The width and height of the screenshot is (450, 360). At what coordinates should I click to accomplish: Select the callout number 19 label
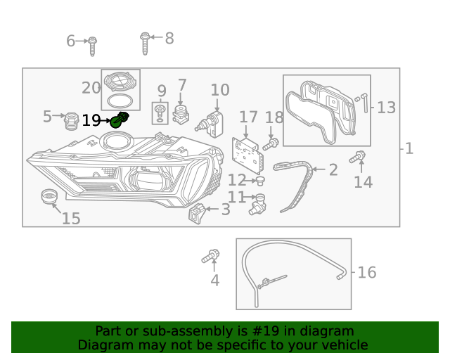[x=91, y=121]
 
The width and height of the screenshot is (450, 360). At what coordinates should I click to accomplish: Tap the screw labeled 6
[x=92, y=45]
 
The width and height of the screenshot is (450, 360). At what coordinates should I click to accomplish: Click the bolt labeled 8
[x=145, y=43]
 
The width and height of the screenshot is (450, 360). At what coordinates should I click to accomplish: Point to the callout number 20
[x=91, y=88]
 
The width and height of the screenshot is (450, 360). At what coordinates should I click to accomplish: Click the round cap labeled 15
[x=50, y=197]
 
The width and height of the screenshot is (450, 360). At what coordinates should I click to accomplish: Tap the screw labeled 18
[x=271, y=144]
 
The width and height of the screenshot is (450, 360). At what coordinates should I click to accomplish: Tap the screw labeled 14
[x=358, y=157]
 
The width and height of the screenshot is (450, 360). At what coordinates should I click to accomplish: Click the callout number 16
[x=367, y=272]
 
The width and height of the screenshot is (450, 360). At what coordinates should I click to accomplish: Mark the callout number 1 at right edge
[x=409, y=148]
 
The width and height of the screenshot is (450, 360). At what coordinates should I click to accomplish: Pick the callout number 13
[x=387, y=108]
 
